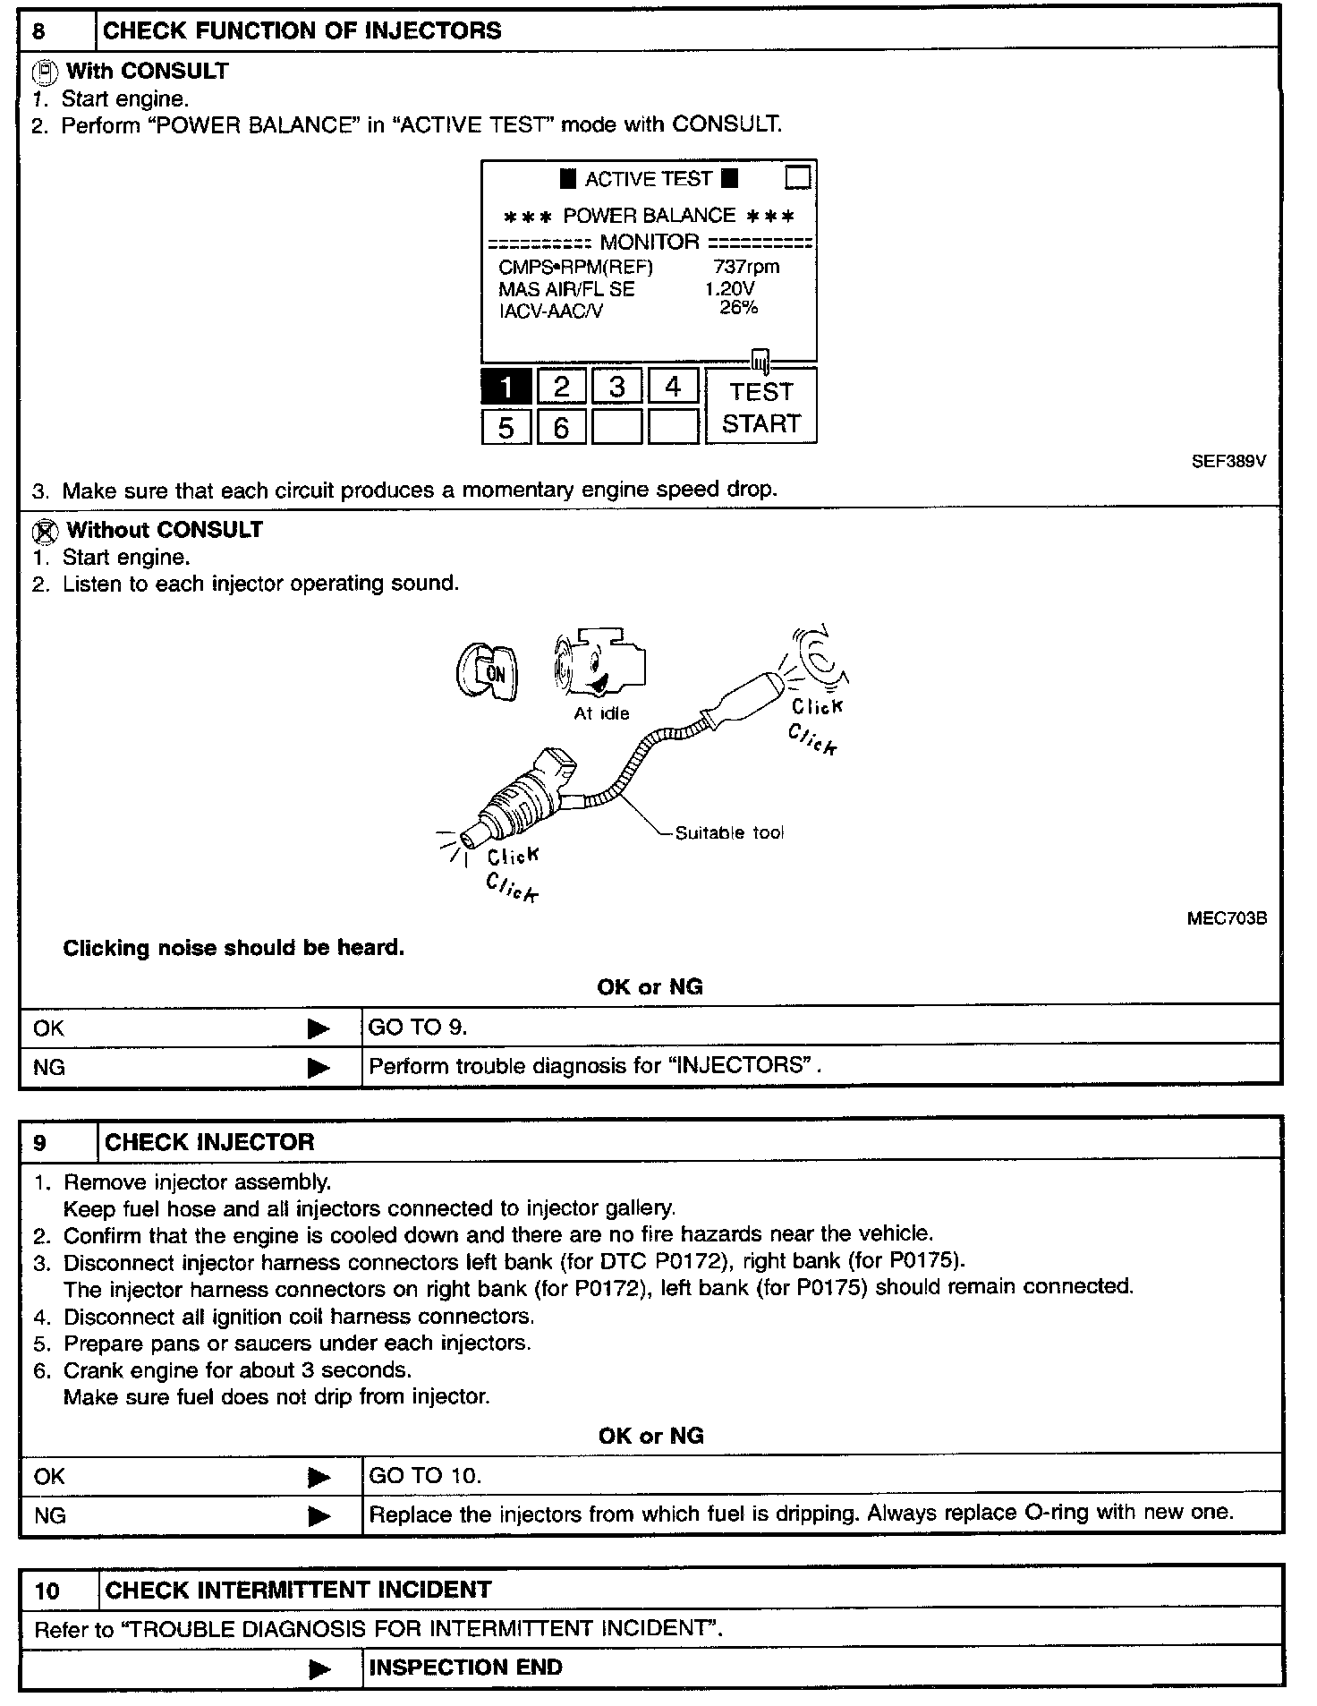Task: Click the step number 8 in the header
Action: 39,31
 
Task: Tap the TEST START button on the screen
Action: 760,407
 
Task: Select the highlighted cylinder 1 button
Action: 506,387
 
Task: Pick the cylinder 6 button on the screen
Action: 561,427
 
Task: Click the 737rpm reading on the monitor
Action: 746,267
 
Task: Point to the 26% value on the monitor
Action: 739,308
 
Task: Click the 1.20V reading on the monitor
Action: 729,288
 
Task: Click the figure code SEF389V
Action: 1228,462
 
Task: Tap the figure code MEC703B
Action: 1227,918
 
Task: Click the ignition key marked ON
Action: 485,672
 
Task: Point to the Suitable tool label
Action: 729,833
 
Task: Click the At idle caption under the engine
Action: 601,713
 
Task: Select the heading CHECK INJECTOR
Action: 209,1142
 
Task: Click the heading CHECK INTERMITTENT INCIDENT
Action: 298,1590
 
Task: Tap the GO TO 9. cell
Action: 418,1028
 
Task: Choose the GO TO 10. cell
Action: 425,1476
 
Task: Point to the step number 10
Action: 47,1591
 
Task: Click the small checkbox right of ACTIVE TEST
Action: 797,177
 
